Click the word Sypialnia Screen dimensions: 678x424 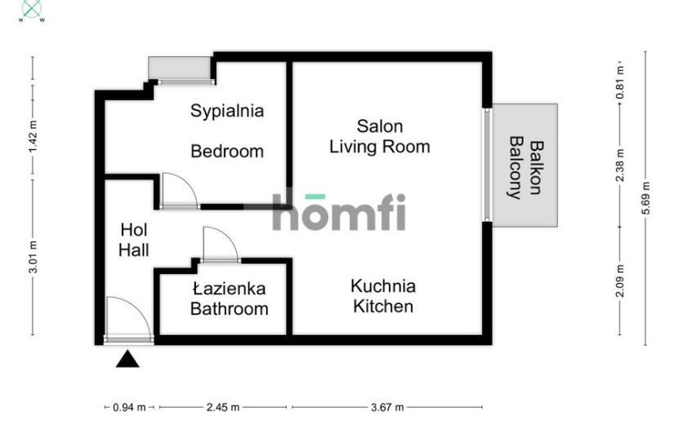click(x=227, y=112)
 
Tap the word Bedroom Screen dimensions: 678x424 click(x=227, y=152)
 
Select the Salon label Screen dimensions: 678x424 click(x=380, y=126)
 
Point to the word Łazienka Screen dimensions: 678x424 click(x=230, y=289)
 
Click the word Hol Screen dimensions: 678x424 click(x=134, y=230)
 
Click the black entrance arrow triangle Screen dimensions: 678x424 click(x=127, y=360)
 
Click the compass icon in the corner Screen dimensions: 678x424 click(x=32, y=9)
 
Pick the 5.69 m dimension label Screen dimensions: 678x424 click(x=645, y=198)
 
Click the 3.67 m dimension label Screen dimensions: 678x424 click(x=387, y=407)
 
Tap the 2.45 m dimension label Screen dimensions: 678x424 click(x=223, y=407)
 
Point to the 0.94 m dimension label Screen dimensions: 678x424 click(x=129, y=407)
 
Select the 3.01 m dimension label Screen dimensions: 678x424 click(x=33, y=257)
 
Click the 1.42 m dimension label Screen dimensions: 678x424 click(x=33, y=136)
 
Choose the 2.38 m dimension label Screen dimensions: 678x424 click(x=620, y=166)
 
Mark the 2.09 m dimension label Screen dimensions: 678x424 click(x=620, y=281)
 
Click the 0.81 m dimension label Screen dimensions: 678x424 click(x=620, y=82)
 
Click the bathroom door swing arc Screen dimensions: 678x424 click(x=229, y=236)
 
